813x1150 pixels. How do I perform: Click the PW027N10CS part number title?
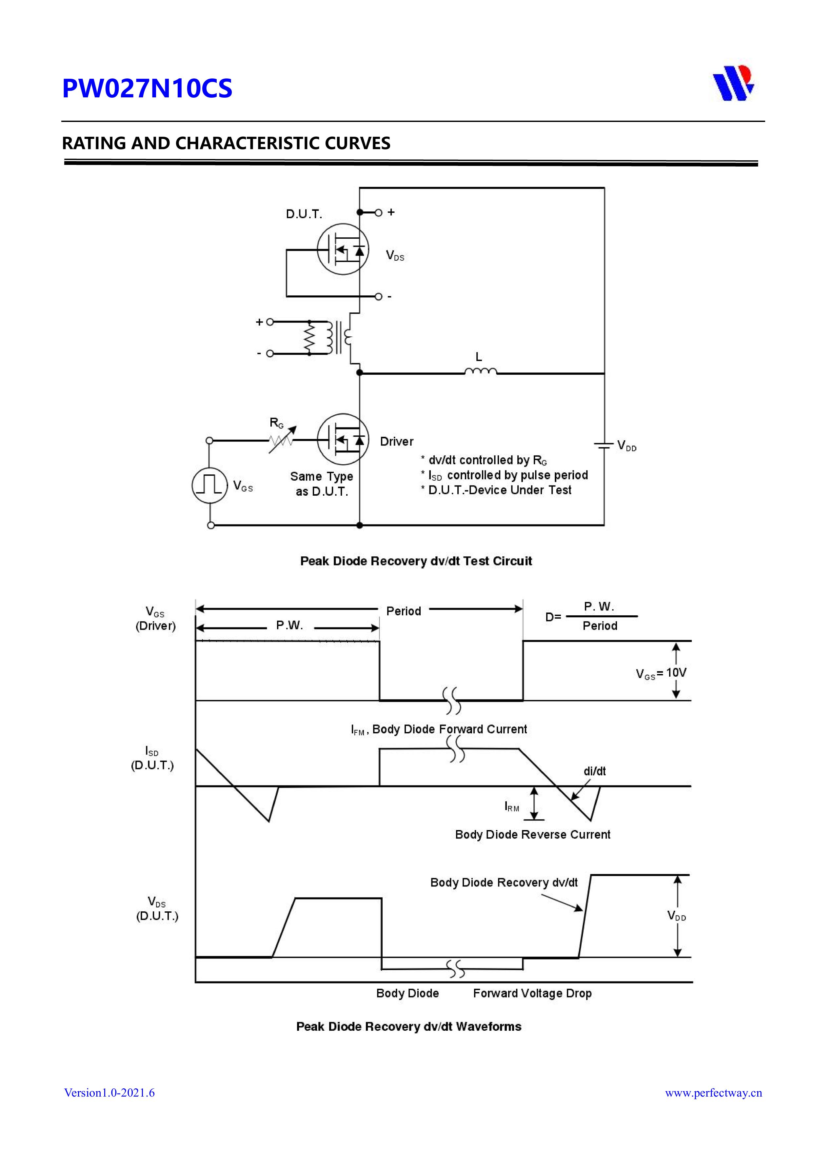pyautogui.click(x=147, y=89)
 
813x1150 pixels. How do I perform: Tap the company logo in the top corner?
pyautogui.click(x=733, y=83)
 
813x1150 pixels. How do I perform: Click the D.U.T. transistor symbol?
pyautogui.click(x=343, y=249)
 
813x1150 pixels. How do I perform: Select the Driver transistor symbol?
pyautogui.click(x=343, y=439)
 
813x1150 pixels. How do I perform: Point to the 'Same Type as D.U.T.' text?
pyautogui.click(x=322, y=484)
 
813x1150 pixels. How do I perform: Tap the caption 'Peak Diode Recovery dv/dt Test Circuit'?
pyautogui.click(x=416, y=561)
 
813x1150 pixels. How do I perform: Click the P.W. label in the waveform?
pyautogui.click(x=289, y=625)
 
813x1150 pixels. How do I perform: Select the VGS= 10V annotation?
pyautogui.click(x=661, y=673)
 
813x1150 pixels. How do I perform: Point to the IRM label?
pyautogui.click(x=511, y=806)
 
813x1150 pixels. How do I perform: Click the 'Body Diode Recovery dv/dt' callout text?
pyautogui.click(x=504, y=882)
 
